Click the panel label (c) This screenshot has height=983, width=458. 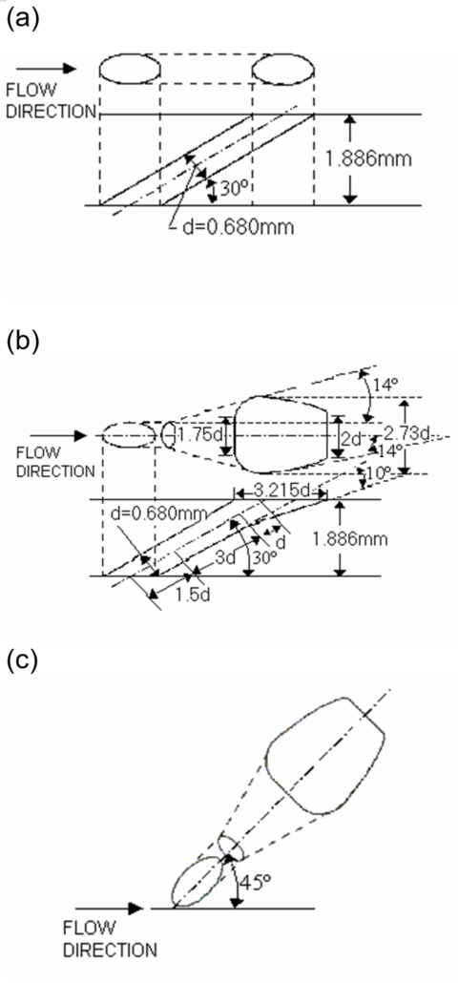(x=22, y=661)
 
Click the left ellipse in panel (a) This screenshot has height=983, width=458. (x=129, y=69)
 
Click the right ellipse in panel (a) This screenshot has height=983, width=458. (x=282, y=69)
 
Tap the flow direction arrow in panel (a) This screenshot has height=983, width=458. (x=47, y=69)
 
